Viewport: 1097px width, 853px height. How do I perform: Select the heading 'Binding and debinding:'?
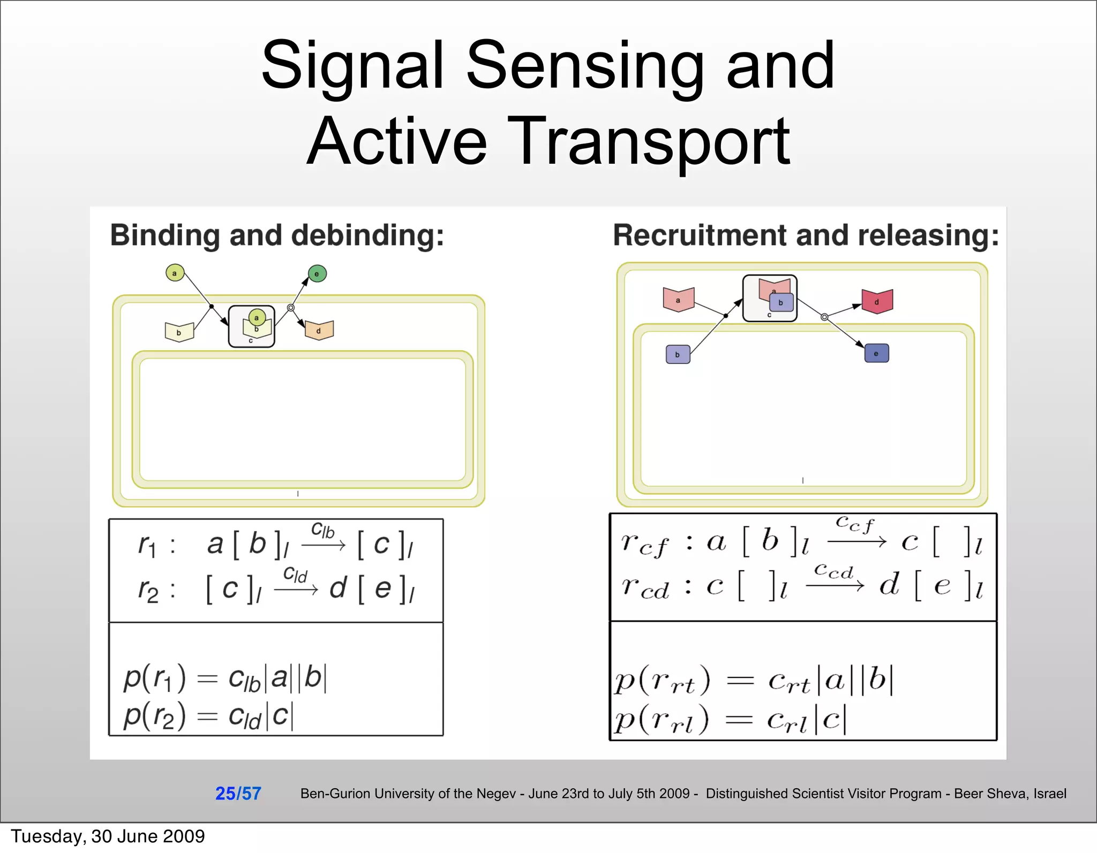277,236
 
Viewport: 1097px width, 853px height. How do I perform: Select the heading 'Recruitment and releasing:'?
806,236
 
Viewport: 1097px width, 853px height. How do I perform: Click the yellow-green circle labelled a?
175,273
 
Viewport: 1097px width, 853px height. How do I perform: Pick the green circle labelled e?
317,274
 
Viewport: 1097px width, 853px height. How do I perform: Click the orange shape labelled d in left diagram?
319,330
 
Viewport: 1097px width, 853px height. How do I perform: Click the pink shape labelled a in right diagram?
678,300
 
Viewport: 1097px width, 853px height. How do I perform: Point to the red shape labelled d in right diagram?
877,301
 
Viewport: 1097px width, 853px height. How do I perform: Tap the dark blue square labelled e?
876,353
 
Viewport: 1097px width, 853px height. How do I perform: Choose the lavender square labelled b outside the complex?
678,354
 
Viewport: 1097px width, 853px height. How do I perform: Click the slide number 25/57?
238,793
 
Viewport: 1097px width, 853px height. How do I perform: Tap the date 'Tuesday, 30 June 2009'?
108,836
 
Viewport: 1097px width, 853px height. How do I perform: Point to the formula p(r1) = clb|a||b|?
225,678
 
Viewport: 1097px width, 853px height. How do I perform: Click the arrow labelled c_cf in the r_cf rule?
856,542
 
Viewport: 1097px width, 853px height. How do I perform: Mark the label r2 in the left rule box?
148,591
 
